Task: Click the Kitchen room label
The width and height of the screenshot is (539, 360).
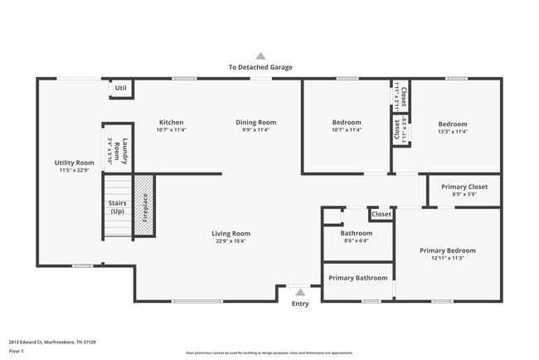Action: [x=172, y=123]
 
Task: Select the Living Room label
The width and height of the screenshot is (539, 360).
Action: [x=231, y=234]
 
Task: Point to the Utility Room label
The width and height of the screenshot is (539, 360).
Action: [x=75, y=163]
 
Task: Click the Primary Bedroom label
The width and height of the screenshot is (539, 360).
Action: [x=448, y=250]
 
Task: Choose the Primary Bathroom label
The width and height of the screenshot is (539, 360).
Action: [x=358, y=278]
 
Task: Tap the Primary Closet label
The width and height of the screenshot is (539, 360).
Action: [x=464, y=187]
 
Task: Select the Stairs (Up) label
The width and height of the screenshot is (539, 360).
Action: [x=117, y=207]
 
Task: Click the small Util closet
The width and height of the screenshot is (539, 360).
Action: [x=121, y=88]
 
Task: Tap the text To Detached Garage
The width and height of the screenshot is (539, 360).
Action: [x=260, y=67]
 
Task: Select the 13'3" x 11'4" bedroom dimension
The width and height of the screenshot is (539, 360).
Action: [x=453, y=131]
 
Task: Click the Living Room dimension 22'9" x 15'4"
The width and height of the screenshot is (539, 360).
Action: [x=231, y=241]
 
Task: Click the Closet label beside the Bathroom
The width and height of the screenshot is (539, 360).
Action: [x=381, y=214]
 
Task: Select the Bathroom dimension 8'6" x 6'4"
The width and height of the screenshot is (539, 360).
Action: [x=357, y=241]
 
